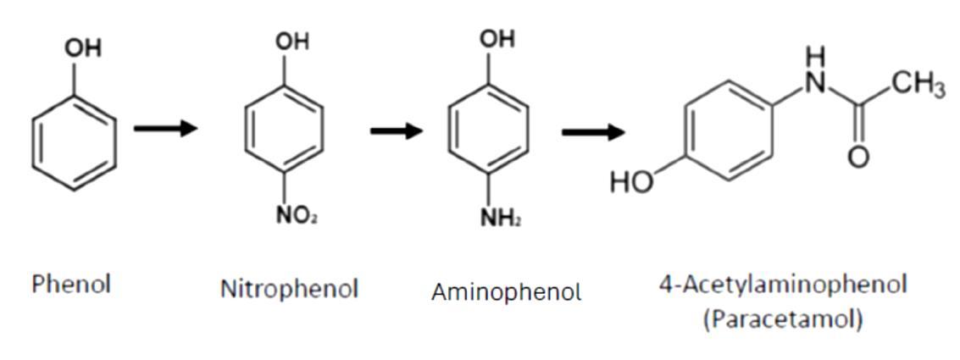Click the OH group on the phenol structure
tap(82, 48)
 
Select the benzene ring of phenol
tap(74, 141)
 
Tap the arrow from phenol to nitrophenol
tap(165, 129)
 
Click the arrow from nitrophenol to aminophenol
tap(396, 130)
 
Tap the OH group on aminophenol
tap(497, 39)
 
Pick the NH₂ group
tap(500, 219)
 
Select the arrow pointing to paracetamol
tap(592, 132)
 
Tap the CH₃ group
tap(918, 86)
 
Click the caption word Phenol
tap(71, 284)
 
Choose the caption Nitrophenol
tap(289, 289)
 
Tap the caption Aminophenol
tap(506, 292)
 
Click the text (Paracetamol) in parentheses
tap(782, 319)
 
